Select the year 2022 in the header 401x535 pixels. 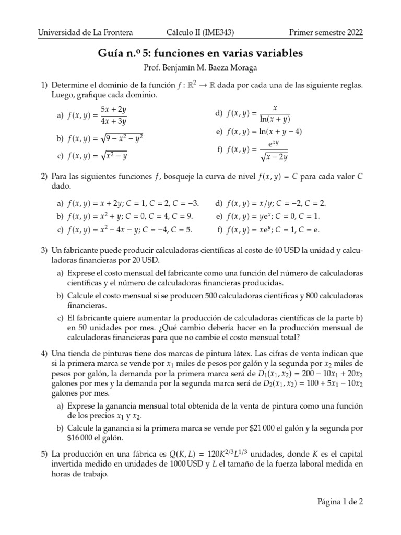click(353, 32)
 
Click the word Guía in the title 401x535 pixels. click(111, 53)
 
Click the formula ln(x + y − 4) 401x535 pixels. click(278, 132)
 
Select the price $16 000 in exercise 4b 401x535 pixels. click(79, 438)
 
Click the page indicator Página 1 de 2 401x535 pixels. click(340, 501)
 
